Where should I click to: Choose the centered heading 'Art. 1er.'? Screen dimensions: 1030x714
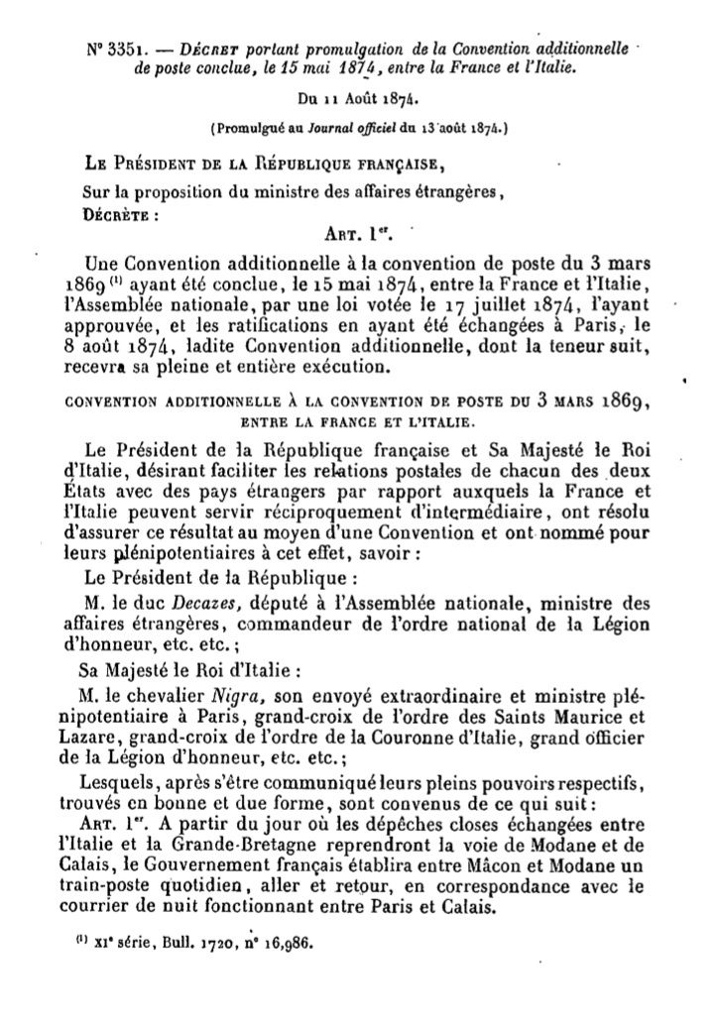[358, 234]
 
